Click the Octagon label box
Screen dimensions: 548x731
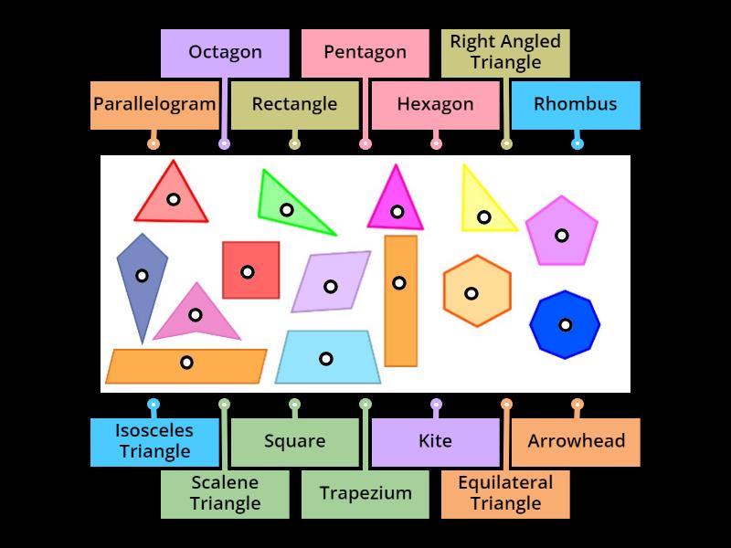click(x=225, y=52)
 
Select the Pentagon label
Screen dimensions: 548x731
click(x=365, y=52)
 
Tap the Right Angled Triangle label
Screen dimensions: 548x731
click(x=505, y=52)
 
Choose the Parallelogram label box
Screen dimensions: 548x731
click(x=154, y=104)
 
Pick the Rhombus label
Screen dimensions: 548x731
click(x=575, y=104)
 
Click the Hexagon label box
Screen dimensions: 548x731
click(x=435, y=104)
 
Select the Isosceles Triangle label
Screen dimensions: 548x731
click(x=154, y=441)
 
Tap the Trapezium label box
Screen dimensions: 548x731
click(x=365, y=493)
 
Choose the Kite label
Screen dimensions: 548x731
click(x=435, y=441)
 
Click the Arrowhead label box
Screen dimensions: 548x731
click(x=576, y=441)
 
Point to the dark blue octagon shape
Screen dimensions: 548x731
click(x=565, y=324)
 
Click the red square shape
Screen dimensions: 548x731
click(x=250, y=270)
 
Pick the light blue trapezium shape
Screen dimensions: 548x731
click(x=327, y=358)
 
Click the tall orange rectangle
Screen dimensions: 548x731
click(x=400, y=301)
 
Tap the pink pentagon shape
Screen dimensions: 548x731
click(x=561, y=233)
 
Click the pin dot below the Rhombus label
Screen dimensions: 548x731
click(x=577, y=143)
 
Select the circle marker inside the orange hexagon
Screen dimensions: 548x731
click(x=471, y=293)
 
